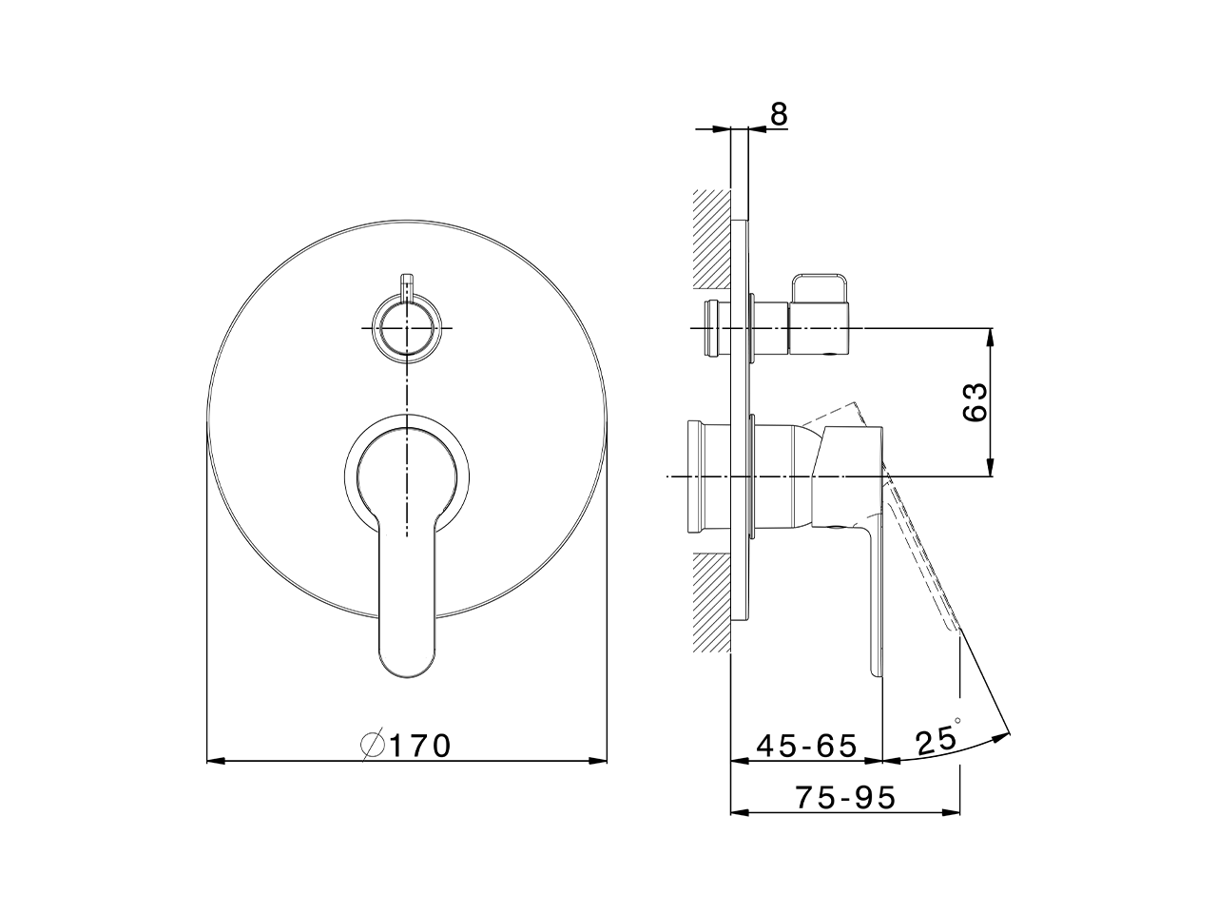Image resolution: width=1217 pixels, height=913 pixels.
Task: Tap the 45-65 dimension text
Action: click(x=806, y=746)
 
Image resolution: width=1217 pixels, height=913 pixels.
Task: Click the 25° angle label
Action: click(x=937, y=739)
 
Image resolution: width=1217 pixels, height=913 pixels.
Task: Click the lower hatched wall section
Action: click(x=711, y=605)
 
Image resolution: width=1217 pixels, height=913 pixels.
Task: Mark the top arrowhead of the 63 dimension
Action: click(x=991, y=336)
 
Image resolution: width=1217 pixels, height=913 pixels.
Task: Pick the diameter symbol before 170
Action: click(x=372, y=746)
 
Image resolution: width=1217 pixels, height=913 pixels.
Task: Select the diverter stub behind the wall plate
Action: click(x=714, y=328)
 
